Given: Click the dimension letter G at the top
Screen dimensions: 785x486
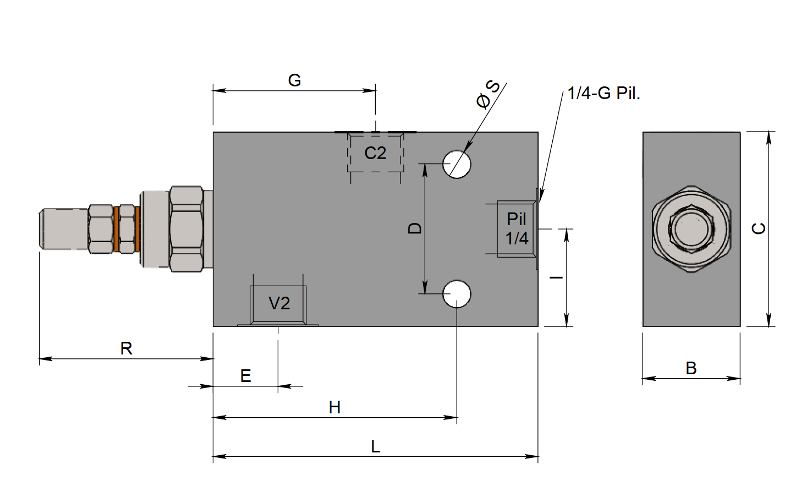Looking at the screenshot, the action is [x=294, y=80].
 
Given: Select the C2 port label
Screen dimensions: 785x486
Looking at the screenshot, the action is [x=375, y=153].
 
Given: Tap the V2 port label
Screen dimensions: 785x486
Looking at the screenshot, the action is [x=279, y=303].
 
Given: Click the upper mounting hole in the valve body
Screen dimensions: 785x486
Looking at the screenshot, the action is [x=457, y=164].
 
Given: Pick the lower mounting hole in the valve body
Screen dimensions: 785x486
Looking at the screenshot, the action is [x=457, y=294].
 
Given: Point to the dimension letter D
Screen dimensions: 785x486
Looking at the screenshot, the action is [x=415, y=228].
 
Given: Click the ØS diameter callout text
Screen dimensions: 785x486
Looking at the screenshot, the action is [x=487, y=94].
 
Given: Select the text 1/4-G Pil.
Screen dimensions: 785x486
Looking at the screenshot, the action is [x=603, y=93].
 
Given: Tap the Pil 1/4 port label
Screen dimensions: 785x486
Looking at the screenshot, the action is [x=517, y=228].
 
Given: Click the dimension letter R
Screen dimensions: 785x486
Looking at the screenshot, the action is [x=126, y=348].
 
